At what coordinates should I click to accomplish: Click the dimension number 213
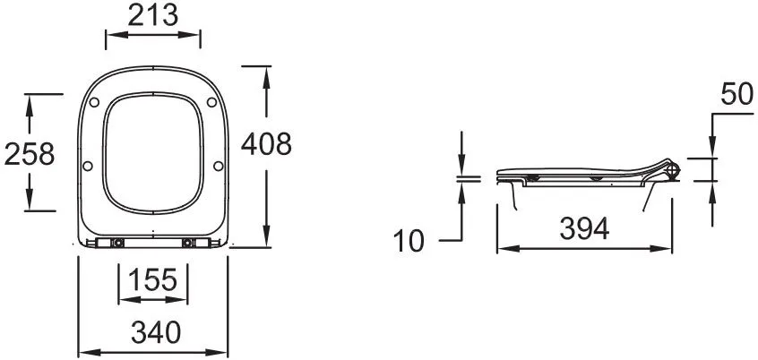[x=152, y=15]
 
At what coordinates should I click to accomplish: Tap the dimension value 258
[x=30, y=155]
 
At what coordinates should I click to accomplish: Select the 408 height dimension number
[x=266, y=143]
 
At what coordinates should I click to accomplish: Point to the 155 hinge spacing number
[x=152, y=279]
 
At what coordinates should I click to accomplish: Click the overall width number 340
[x=156, y=332]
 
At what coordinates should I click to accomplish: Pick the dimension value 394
[x=584, y=228]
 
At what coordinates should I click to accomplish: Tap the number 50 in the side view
[x=736, y=94]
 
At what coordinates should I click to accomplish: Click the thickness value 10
[x=409, y=241]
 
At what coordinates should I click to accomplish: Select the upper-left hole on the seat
[x=94, y=102]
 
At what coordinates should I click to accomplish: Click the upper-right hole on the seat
[x=211, y=102]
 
